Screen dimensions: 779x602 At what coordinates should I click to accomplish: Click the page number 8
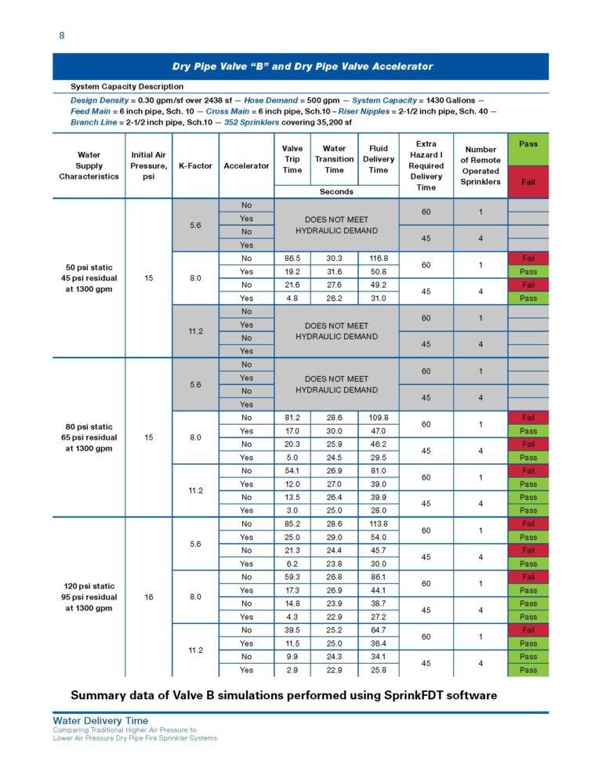pos(62,36)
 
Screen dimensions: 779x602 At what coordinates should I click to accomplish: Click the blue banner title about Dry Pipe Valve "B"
pos(302,67)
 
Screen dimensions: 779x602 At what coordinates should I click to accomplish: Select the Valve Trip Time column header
pos(292,159)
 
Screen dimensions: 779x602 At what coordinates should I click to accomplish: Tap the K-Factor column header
pos(195,165)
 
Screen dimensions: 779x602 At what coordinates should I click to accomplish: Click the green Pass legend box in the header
pos(528,144)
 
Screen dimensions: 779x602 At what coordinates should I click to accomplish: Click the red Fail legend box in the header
pos(528,181)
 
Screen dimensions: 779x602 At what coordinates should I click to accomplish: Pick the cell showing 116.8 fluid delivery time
pos(379,258)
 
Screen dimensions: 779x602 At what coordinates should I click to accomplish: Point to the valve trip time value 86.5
pos(292,258)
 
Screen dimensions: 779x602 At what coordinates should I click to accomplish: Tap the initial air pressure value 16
pos(148,596)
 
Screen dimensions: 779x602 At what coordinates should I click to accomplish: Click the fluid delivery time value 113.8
pos(379,524)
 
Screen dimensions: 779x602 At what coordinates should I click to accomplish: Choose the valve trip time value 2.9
pos(292,670)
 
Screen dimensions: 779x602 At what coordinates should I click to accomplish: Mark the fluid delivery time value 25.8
pos(379,670)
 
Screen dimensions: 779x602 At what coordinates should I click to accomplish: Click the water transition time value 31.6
pos(335,271)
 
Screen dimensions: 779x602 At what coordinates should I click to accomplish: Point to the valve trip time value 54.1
pos(292,470)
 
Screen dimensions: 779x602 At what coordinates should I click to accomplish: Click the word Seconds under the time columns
pos(335,191)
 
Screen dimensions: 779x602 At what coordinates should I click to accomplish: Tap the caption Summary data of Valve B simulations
pos(284,694)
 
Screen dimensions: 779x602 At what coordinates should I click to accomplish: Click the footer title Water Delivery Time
pos(100,720)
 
